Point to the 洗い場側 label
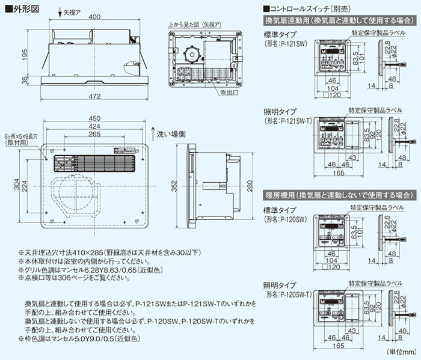(172, 133)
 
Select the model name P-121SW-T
(287, 121)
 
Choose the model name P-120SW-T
(287, 294)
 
